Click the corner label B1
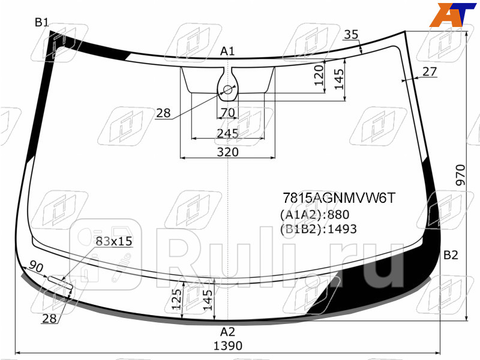(x=41, y=23)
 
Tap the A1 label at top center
(x=227, y=52)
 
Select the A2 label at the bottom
(x=227, y=331)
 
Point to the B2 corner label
(x=451, y=256)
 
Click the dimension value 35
(x=352, y=35)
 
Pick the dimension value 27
(x=430, y=71)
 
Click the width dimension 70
(x=227, y=113)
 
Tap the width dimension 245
(x=227, y=133)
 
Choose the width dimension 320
(x=227, y=152)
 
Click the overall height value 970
(x=461, y=175)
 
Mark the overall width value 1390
(x=227, y=346)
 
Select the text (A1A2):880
(x=314, y=215)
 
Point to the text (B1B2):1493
(x=318, y=229)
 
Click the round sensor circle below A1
(x=227, y=91)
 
